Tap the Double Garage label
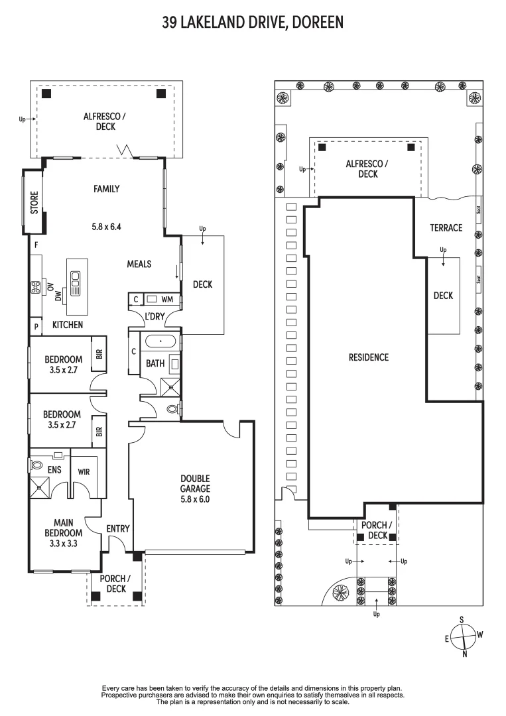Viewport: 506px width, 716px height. click(195, 483)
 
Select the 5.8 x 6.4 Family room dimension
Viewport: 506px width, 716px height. click(106, 226)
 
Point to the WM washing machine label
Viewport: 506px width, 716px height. click(166, 300)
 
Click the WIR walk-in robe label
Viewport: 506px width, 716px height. click(84, 472)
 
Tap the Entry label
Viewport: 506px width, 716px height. click(117, 528)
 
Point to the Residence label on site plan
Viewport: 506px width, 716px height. click(368, 357)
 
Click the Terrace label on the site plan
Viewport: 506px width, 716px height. click(446, 228)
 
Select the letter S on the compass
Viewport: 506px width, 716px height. click(462, 619)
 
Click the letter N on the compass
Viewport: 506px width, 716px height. click(464, 654)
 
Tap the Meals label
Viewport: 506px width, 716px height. click(139, 264)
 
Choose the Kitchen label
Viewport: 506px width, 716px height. click(68, 325)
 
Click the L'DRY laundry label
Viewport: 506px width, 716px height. click(155, 317)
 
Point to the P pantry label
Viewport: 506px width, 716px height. click(34, 326)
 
